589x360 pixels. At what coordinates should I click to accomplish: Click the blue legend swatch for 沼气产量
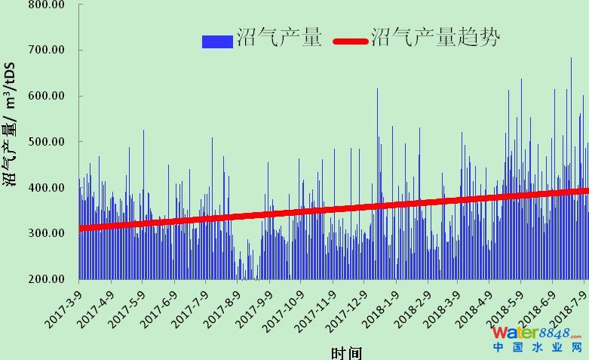coord(217,41)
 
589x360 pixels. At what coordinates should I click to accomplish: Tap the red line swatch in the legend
coord(351,41)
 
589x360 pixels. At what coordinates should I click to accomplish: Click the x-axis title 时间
coord(346,352)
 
